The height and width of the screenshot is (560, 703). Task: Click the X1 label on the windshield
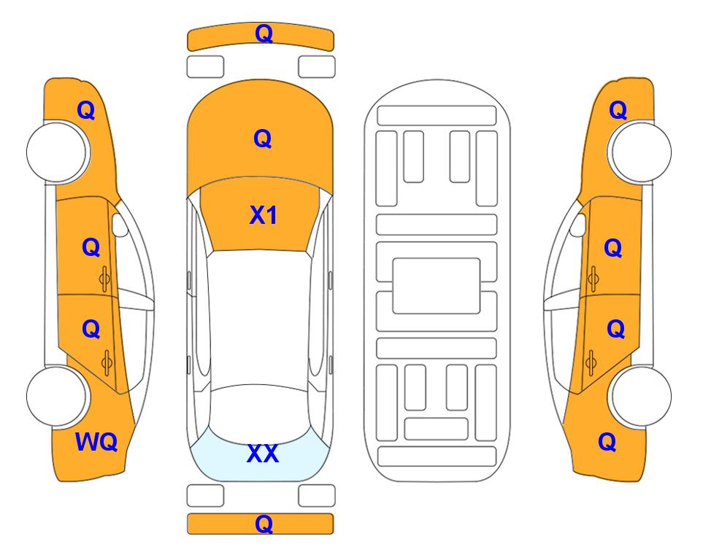[x=264, y=215]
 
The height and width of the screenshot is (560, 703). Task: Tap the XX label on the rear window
[x=263, y=454]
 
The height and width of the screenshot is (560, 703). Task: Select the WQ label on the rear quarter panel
[x=96, y=442]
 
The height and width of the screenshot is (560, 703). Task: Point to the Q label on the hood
[x=263, y=139]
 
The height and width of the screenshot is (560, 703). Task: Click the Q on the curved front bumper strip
[x=264, y=33]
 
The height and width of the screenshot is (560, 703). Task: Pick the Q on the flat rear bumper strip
[x=264, y=524]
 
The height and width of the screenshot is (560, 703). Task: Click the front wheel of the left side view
[x=58, y=152]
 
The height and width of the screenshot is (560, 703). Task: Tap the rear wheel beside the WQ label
[x=58, y=396]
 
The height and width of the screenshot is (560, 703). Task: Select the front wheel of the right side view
[x=641, y=152]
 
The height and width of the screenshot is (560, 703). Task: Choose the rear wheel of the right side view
[x=641, y=396]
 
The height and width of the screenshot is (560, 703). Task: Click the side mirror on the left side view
[x=119, y=225]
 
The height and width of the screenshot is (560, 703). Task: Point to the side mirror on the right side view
[x=578, y=225]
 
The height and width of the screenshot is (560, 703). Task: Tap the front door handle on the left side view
[x=104, y=279]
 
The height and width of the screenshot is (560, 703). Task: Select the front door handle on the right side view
[x=593, y=279]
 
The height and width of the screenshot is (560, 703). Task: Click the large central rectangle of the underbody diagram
[x=437, y=286]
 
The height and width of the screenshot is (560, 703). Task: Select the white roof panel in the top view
[x=259, y=318]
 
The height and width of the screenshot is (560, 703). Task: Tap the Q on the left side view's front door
[x=91, y=247]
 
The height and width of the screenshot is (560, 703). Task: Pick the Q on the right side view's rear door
[x=616, y=330]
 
